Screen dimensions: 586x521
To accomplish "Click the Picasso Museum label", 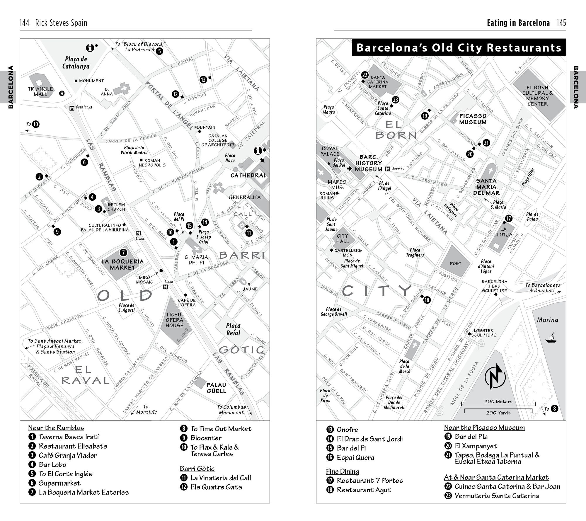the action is [473, 119].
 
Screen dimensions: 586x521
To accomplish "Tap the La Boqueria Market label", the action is [122, 264].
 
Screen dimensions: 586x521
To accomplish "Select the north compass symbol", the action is [495, 377].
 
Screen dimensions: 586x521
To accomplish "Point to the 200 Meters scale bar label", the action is [498, 401].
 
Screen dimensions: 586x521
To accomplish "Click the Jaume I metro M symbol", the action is [388, 169].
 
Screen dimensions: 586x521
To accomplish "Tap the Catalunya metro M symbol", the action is [72, 108].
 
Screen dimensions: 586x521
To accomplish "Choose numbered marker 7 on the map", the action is [123, 252].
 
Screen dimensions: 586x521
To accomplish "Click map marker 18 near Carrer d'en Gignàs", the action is [427, 300].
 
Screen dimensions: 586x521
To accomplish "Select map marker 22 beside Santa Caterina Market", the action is [365, 75].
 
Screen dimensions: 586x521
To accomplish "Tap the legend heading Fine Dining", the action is [343, 471].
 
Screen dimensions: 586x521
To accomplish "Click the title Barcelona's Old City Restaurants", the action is [459, 47].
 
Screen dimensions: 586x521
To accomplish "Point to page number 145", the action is [561, 23].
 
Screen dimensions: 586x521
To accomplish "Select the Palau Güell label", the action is [217, 388].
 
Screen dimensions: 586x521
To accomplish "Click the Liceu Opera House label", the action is [174, 320].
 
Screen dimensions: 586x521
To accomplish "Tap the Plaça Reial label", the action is [233, 329].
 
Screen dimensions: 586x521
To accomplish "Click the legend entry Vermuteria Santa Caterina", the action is [497, 496].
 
